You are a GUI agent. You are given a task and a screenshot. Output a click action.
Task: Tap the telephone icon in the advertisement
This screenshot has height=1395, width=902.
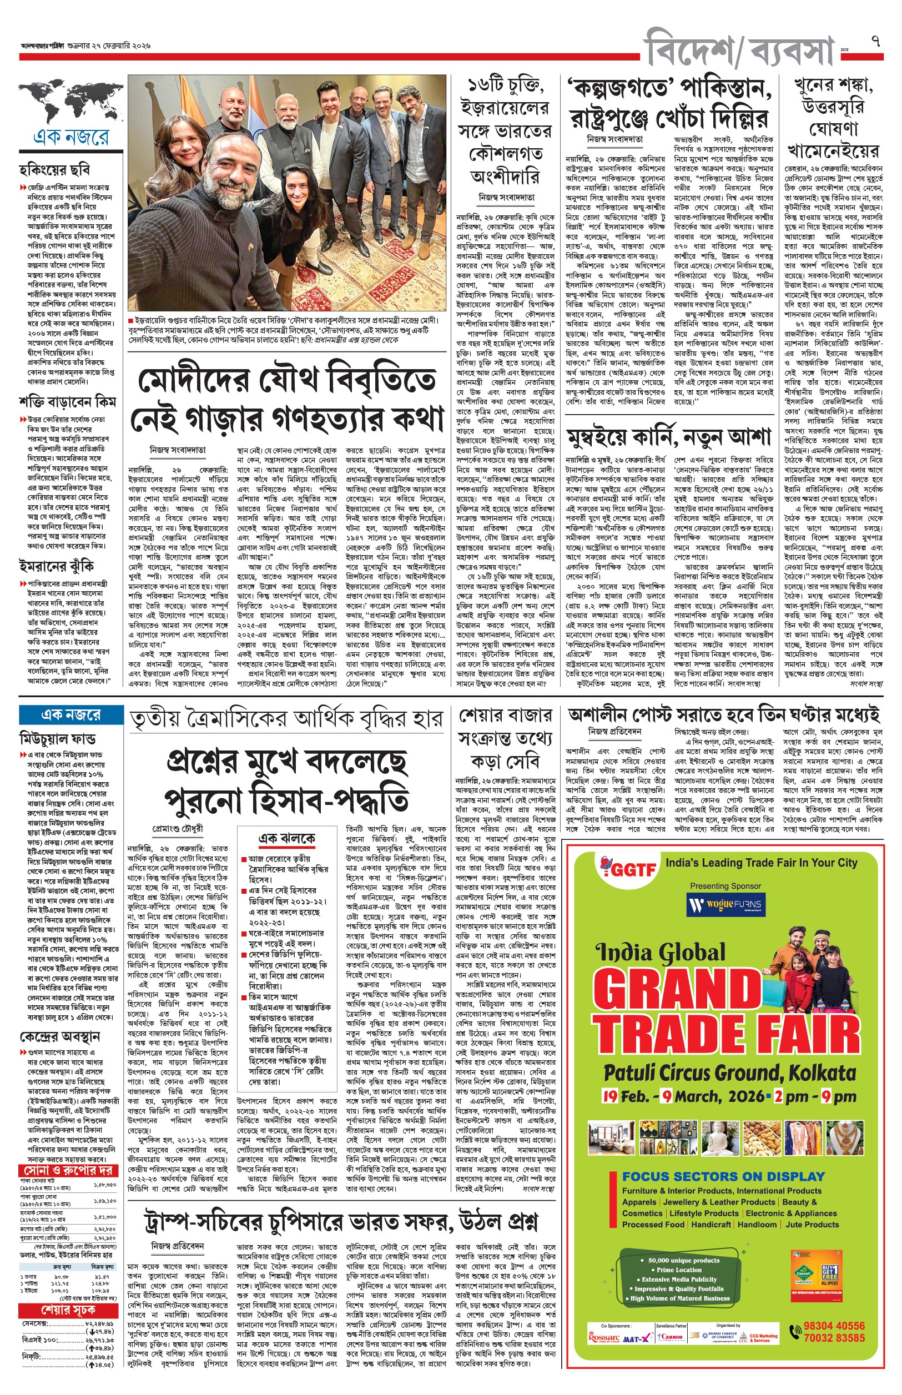[x=795, y=1332]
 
